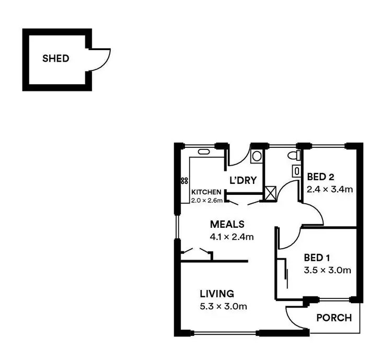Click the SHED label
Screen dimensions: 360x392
(x=55, y=59)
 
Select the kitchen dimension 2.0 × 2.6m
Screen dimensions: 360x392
(x=207, y=200)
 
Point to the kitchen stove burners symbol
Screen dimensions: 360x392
(x=184, y=181)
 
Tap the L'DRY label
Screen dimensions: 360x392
(x=243, y=181)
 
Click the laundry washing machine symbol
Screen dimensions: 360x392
(x=257, y=156)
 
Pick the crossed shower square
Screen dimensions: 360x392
(x=271, y=194)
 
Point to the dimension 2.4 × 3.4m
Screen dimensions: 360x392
(x=330, y=189)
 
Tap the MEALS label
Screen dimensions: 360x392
(x=227, y=224)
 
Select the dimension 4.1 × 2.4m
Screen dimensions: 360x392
(x=232, y=237)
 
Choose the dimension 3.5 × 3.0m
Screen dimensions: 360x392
(x=327, y=270)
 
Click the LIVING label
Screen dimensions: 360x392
(x=216, y=294)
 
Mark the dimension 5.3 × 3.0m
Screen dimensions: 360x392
(x=224, y=306)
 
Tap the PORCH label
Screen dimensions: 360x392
(x=335, y=318)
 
